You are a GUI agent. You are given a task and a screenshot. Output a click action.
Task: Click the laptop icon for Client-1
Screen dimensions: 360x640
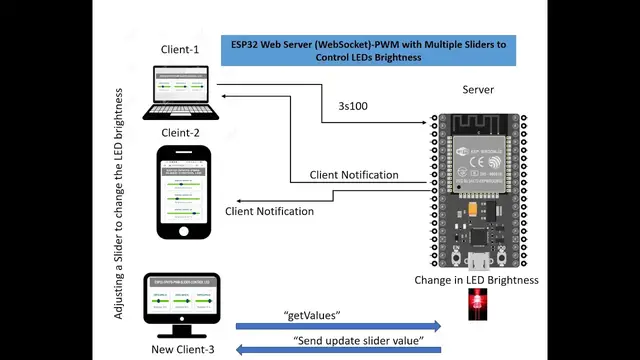pyautogui.click(x=181, y=93)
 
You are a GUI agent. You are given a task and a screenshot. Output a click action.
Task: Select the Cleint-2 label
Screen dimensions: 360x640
pyautogui.click(x=180, y=132)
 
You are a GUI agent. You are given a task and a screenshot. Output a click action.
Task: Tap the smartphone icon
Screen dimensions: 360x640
pyautogui.click(x=183, y=193)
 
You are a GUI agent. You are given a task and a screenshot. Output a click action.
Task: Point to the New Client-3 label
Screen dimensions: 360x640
pyautogui.click(x=181, y=349)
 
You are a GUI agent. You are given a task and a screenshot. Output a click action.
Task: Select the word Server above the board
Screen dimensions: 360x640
pyautogui.click(x=477, y=90)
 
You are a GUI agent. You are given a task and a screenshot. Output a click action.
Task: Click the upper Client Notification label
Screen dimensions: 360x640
pyautogui.click(x=354, y=175)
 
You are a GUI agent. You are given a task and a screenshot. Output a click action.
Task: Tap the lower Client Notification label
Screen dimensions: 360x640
pyautogui.click(x=270, y=211)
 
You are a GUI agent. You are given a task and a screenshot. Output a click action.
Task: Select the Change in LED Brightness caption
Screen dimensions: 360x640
pyautogui.click(x=477, y=281)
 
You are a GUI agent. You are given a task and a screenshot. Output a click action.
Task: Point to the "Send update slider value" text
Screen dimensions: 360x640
pyautogui.click(x=367, y=341)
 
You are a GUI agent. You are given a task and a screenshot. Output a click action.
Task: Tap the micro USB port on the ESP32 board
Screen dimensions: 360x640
pyautogui.click(x=477, y=262)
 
